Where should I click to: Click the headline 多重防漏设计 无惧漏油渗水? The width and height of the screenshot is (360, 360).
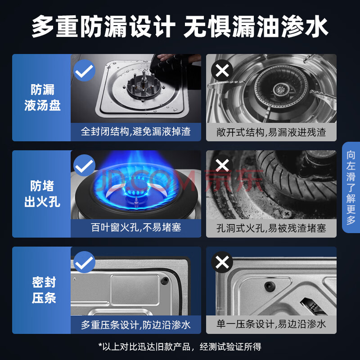point(180,27)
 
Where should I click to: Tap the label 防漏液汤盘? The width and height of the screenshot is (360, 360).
point(42,98)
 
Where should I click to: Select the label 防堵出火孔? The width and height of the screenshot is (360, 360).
point(42,194)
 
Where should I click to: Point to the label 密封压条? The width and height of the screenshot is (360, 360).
point(44,290)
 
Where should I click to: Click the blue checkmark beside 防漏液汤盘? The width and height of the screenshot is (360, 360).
point(84,71)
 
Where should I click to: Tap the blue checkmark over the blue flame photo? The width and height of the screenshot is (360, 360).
point(84,165)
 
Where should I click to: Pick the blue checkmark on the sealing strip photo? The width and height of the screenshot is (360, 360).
point(84,262)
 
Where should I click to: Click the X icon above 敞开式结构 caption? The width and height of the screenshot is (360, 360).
point(222,70)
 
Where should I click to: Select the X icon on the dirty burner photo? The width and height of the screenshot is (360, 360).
point(222,165)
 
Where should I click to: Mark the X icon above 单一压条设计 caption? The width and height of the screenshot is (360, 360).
point(222,262)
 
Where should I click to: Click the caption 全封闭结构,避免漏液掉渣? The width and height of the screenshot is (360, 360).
point(136,131)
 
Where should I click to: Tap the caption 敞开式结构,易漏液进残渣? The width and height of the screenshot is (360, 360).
point(271,132)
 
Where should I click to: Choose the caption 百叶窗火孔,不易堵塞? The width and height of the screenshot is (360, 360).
point(136,228)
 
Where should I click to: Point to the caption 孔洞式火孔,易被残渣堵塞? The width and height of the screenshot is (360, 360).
point(271,228)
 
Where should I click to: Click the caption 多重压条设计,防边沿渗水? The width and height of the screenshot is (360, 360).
point(136,324)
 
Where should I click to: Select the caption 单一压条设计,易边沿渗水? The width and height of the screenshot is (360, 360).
point(271,324)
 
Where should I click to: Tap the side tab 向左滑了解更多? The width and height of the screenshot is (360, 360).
point(351,187)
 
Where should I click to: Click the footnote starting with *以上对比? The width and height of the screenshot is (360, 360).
point(180,346)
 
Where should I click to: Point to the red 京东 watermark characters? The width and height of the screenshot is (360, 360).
point(234,180)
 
